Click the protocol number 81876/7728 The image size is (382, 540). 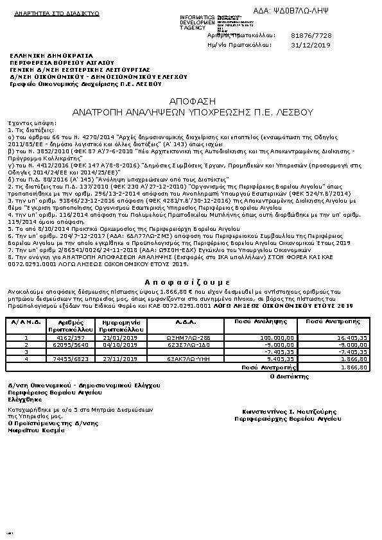pyautogui.click(x=311, y=35)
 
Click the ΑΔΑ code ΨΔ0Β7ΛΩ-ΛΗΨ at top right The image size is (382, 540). pyautogui.click(x=319, y=12)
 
